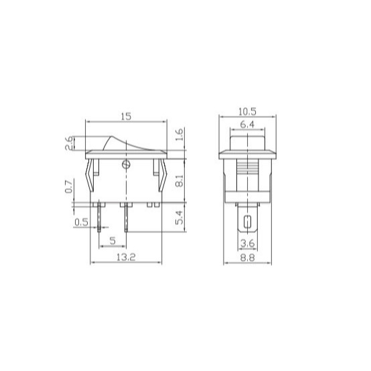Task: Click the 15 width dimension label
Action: click(x=126, y=117)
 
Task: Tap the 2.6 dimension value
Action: click(x=70, y=143)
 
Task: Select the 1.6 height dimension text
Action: click(x=180, y=135)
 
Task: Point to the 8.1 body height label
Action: click(x=180, y=181)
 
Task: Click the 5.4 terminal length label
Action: click(x=180, y=217)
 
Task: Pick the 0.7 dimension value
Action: click(x=69, y=187)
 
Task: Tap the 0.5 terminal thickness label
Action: click(x=81, y=222)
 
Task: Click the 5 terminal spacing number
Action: click(x=113, y=241)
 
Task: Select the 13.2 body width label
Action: click(x=126, y=257)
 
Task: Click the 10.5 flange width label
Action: click(x=247, y=111)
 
